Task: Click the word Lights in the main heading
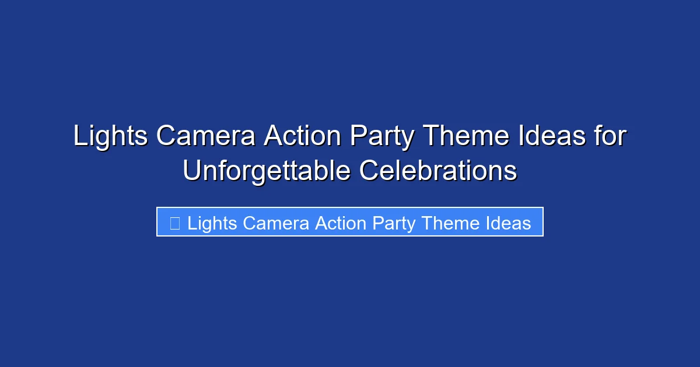(x=110, y=137)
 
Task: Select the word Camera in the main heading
(x=206, y=137)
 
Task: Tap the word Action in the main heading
(x=302, y=137)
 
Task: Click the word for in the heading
(x=611, y=137)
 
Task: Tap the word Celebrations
(x=437, y=171)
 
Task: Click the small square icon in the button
(x=174, y=223)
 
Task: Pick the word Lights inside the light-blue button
(x=212, y=223)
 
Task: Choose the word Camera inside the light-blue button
(x=276, y=223)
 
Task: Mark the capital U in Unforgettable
(x=191, y=171)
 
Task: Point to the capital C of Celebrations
(x=368, y=171)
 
